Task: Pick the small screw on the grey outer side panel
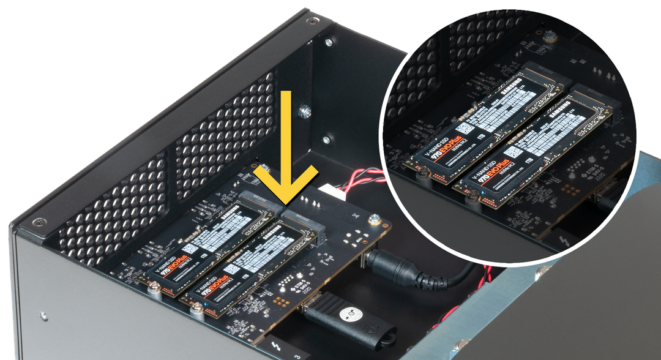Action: (x=43, y=316)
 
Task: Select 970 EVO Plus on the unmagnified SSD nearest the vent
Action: (x=166, y=276)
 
